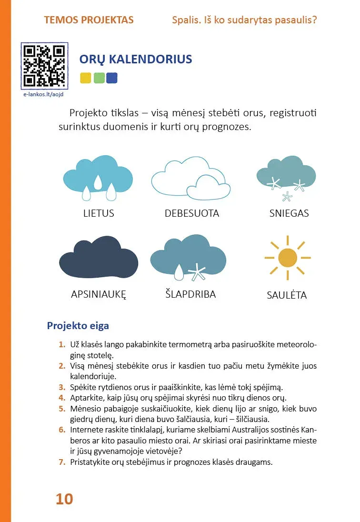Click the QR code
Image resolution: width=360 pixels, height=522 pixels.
coord(44,66)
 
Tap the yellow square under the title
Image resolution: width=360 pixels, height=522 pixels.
coord(86,78)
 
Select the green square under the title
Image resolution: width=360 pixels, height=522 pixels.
coord(99,78)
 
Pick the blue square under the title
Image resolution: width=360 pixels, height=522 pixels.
coord(112,78)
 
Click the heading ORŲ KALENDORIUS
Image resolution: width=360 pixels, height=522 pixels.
coord(136,59)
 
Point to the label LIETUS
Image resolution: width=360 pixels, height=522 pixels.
coord(99,213)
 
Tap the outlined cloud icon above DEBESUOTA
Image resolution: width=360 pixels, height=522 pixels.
coord(190,179)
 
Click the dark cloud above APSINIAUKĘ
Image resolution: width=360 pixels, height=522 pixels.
coord(99,260)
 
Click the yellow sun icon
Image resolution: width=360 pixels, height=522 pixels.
coord(288,258)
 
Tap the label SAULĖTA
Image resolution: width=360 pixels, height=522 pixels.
coord(287,295)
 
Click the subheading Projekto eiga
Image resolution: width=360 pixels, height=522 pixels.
coord(78,326)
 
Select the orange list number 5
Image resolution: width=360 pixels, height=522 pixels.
coord(61,409)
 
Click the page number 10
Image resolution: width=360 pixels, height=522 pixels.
coord(64,499)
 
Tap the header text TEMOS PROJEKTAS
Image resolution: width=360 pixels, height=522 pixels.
coord(89,20)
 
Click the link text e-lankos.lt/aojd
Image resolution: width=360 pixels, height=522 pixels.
coord(43,95)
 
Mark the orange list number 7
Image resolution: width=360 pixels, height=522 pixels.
coord(61,462)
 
